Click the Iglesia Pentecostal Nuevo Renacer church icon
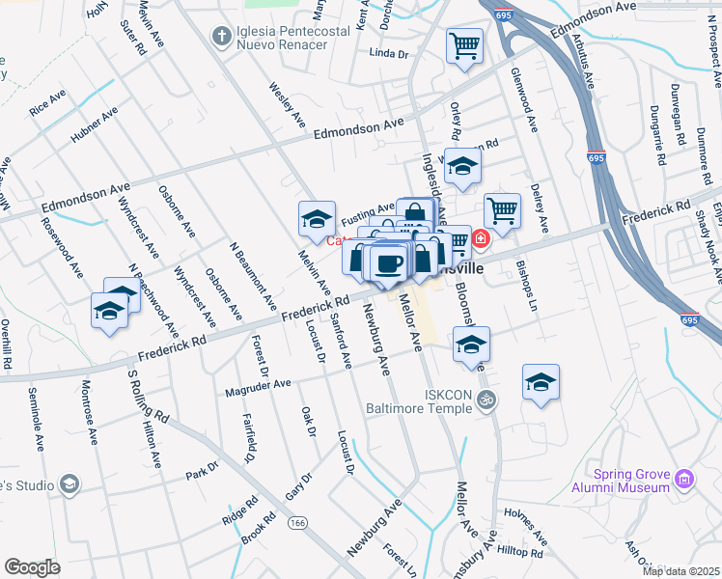pyautogui.click(x=221, y=37)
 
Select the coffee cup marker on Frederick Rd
pyautogui.click(x=389, y=263)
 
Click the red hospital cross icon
pyautogui.click(x=481, y=237)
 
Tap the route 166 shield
pyautogui.click(x=296, y=521)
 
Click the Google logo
pyautogui.click(x=32, y=567)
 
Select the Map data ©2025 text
pyautogui.click(x=680, y=571)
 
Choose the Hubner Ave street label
pyautogui.click(x=94, y=125)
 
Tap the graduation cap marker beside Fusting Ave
pyautogui.click(x=317, y=221)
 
